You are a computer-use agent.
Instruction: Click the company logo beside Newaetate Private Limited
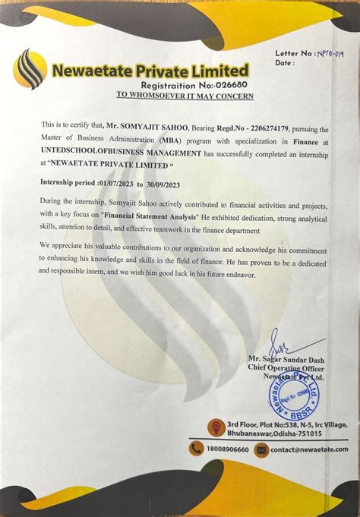30,68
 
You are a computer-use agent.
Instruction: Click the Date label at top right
285,63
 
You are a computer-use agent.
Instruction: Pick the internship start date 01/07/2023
125,183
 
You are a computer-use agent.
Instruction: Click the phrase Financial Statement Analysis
151,217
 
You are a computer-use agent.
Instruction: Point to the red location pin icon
216,427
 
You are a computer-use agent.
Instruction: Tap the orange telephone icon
196,449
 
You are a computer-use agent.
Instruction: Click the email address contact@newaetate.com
309,449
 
